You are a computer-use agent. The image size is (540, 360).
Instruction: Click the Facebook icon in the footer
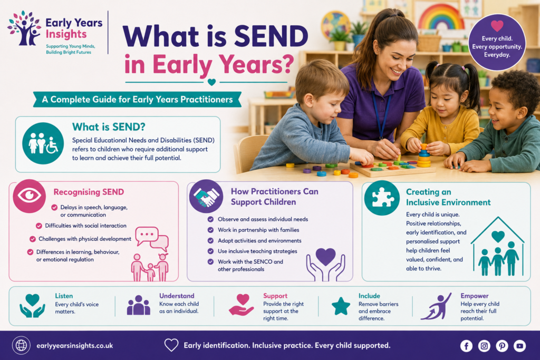[x=466, y=346]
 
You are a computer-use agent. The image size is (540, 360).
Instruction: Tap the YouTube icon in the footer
[x=519, y=346]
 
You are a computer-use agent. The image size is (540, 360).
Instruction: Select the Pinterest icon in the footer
[x=502, y=346]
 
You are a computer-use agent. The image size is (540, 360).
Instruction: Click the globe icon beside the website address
[x=21, y=345]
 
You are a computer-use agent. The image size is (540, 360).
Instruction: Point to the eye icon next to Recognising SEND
[x=30, y=196]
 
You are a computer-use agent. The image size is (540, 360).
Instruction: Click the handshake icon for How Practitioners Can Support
[x=206, y=197]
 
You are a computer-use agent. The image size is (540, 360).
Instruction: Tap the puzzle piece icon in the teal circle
[x=382, y=198]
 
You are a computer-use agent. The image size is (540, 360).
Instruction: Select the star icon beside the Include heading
[x=341, y=306]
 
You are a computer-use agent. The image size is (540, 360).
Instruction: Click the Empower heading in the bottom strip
[x=475, y=296]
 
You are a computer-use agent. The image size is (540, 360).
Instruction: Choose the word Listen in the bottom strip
[x=64, y=296]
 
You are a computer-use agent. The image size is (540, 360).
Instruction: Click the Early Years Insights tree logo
[x=24, y=28]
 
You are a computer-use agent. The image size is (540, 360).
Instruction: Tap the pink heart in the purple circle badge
[x=497, y=25]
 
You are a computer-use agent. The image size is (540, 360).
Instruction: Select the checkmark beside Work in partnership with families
[x=210, y=230]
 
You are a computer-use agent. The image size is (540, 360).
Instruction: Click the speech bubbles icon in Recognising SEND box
[x=152, y=239]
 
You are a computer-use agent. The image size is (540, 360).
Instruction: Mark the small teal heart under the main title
[x=211, y=82]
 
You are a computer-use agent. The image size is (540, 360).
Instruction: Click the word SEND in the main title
[x=272, y=36]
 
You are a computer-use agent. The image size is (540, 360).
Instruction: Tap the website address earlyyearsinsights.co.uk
[x=75, y=346]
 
